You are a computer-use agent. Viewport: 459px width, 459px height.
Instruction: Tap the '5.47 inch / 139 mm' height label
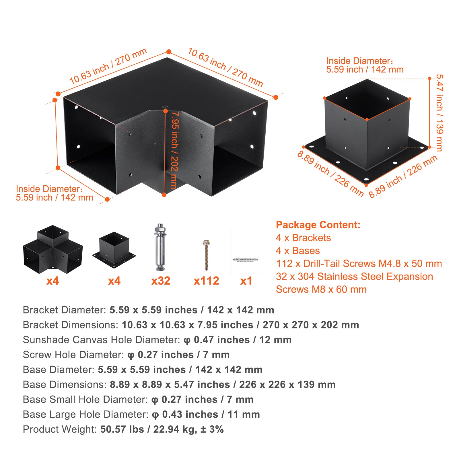439,112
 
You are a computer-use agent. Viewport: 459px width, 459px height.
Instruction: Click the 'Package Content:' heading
318,225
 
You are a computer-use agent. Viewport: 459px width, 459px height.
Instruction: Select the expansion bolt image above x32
160,247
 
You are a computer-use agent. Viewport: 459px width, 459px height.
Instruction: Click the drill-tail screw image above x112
206,255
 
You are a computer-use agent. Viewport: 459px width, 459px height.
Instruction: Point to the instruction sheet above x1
246,251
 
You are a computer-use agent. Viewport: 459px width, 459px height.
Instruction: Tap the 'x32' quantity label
161,281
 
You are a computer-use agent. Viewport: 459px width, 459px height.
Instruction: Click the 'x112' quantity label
206,281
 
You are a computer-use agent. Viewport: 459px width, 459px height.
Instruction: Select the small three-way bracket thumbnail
53,249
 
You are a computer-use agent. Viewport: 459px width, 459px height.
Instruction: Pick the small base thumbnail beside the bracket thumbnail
114,250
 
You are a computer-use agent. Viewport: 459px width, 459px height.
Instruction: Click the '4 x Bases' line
297,250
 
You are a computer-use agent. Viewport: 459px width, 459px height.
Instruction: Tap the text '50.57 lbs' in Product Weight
122,429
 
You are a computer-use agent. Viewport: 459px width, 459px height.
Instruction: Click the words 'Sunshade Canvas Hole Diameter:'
101,340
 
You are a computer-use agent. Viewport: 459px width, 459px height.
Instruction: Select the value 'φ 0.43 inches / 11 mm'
206,414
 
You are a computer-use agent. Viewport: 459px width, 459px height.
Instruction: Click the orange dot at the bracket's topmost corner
169,52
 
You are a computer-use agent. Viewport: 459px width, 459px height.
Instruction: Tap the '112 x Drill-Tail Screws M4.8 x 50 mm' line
359,263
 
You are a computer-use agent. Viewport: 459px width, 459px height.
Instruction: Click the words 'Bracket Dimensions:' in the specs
70,325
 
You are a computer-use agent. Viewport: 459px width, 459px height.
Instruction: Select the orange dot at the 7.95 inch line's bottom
164,195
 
